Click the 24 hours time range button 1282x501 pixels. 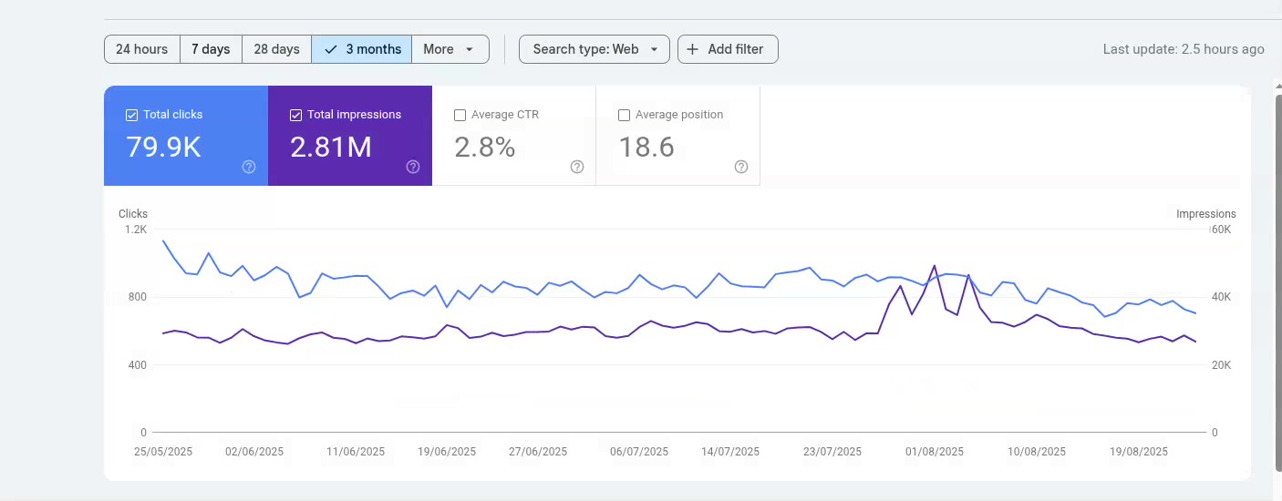141,49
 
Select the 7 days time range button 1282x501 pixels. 211,49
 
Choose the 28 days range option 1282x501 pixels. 276,49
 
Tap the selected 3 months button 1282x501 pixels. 362,49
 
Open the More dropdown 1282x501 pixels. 450,49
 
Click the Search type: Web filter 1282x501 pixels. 594,49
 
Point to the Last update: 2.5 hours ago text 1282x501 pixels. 1183,49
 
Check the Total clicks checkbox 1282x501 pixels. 132,116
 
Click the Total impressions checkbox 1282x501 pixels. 295,116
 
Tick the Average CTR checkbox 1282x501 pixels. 460,116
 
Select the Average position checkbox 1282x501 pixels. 624,116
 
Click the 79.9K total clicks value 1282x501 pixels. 163,147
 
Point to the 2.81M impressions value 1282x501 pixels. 330,147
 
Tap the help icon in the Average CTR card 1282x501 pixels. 577,167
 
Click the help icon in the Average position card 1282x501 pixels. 741,167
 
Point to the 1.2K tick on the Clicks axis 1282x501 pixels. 136,230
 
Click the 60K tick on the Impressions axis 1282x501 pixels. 1221,230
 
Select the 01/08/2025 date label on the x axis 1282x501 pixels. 934,452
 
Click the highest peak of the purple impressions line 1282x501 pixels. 934,266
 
